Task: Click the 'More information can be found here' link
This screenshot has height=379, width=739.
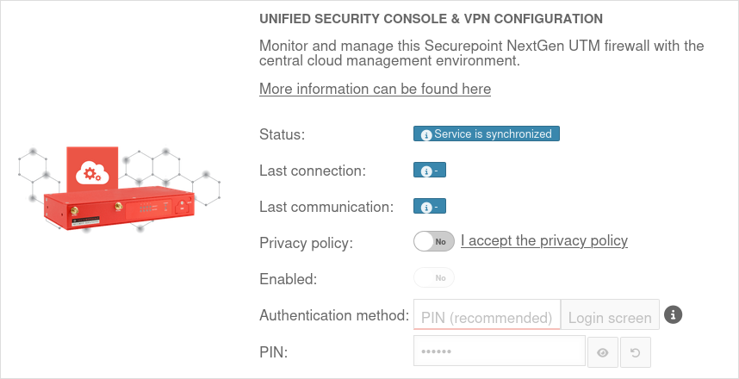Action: tap(375, 90)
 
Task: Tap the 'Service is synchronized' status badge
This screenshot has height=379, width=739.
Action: tap(487, 134)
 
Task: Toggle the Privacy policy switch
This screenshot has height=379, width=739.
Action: tap(433, 241)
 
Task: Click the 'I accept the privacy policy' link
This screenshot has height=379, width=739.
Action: tap(543, 241)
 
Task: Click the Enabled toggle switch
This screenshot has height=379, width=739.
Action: tap(433, 278)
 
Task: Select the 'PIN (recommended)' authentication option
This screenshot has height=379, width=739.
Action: tap(487, 316)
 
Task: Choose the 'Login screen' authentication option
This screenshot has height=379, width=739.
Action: tap(610, 316)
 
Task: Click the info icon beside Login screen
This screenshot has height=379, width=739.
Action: tap(674, 314)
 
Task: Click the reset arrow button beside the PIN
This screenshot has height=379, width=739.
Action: tap(636, 352)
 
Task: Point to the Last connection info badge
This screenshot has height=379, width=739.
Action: tap(430, 171)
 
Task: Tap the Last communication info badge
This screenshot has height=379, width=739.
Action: tap(430, 207)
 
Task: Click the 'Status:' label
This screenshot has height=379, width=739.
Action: tap(283, 134)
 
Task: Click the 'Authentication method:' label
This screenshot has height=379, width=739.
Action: tap(333, 315)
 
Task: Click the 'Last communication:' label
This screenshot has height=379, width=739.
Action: tap(326, 207)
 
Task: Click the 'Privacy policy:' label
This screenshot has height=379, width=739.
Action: tap(306, 243)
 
